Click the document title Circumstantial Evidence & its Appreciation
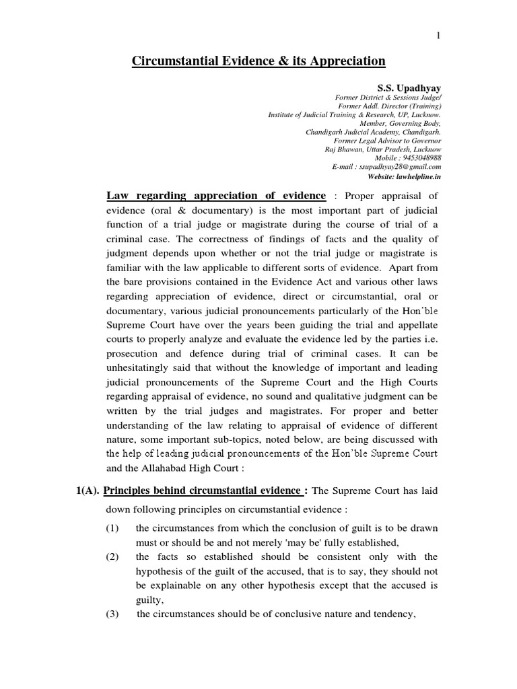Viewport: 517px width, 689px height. click(x=258, y=62)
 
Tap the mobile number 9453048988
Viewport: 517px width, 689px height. click(x=419, y=158)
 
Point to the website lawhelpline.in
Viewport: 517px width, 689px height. click(x=419, y=176)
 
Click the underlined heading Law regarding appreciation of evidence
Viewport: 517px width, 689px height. click(x=215, y=196)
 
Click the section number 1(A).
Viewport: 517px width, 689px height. click(x=87, y=491)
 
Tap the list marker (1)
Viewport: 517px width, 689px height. click(x=112, y=528)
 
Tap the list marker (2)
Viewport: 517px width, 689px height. click(x=112, y=556)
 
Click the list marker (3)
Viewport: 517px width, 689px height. click(x=112, y=613)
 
